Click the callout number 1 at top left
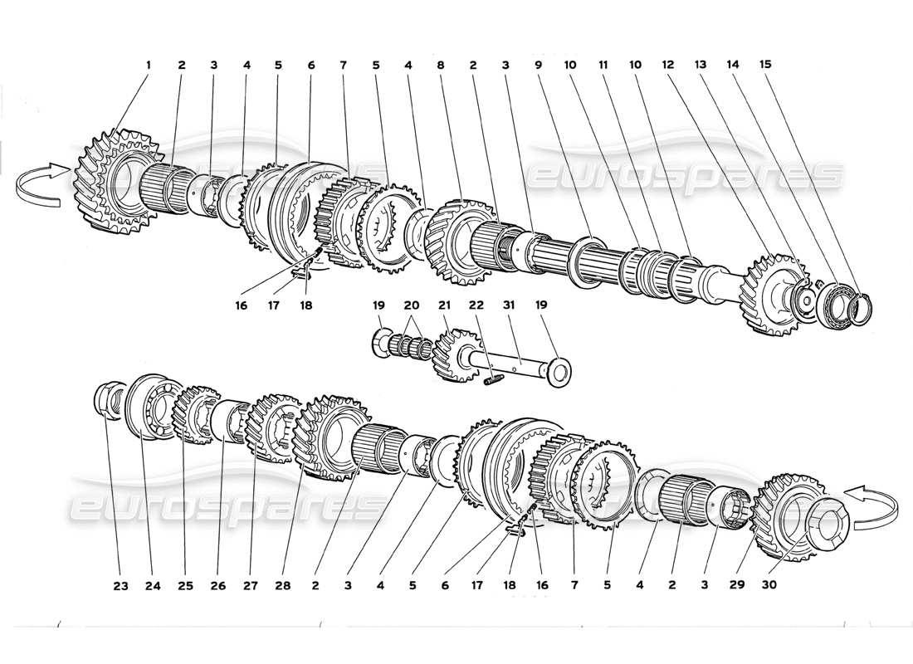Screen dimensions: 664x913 (149, 64)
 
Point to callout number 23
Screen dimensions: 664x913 (120, 585)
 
